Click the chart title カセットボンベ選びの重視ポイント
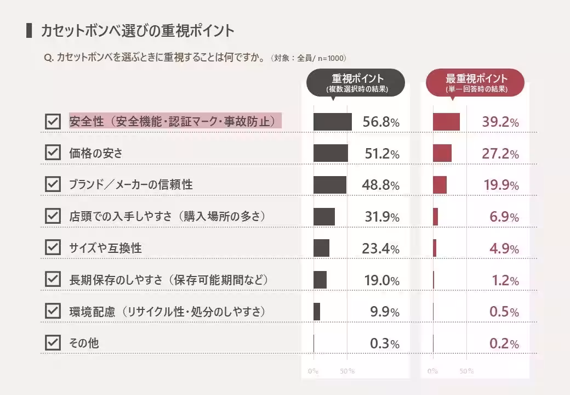pos(137,31)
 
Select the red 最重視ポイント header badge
pos(476,83)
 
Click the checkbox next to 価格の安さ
pos(53,153)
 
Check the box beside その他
pos(53,343)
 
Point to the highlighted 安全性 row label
pos(175,121)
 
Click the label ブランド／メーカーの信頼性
pos(130,185)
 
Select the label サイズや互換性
pos(105,249)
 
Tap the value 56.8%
pos(381,122)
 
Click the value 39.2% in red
pos(500,122)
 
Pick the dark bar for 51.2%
pos(330,154)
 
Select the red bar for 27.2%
pos(442,154)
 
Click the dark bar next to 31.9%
pos(324,217)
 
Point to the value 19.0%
pos(381,281)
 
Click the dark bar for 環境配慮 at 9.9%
pos(317,312)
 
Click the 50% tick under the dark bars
pos(347,371)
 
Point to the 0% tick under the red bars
pos(433,371)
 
